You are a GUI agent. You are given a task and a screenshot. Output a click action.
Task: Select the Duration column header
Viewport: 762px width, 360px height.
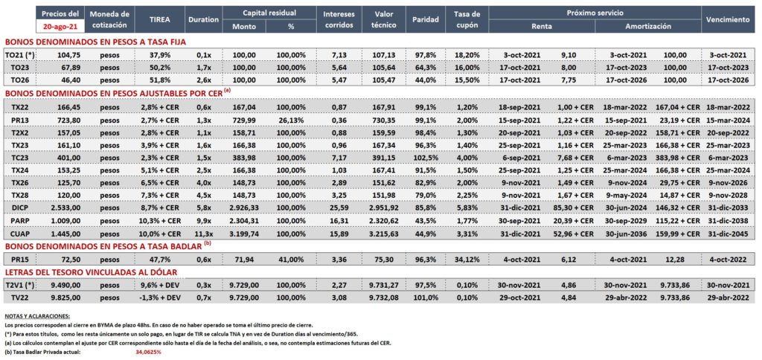click(x=202, y=20)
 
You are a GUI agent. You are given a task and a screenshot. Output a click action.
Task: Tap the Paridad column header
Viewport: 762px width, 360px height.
click(x=425, y=20)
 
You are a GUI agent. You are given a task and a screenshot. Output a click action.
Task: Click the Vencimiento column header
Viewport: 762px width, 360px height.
click(x=728, y=20)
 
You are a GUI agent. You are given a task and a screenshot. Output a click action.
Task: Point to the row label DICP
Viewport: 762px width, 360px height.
click(x=19, y=207)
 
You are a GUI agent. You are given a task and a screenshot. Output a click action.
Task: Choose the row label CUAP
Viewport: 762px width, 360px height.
click(x=19, y=234)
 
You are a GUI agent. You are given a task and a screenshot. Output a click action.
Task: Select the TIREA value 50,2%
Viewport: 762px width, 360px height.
click(x=159, y=67)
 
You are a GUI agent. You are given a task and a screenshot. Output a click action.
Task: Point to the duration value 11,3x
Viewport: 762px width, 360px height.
click(x=202, y=234)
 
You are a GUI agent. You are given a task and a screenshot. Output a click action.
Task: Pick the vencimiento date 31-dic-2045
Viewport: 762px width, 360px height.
click(x=728, y=234)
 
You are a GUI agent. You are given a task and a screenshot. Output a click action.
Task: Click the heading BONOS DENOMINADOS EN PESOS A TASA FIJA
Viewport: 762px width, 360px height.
click(x=95, y=42)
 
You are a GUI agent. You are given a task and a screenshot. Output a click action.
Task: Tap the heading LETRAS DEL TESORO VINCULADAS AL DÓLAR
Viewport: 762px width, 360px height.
click(x=90, y=272)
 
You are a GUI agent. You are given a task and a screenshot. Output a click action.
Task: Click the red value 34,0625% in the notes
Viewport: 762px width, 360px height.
click(x=148, y=353)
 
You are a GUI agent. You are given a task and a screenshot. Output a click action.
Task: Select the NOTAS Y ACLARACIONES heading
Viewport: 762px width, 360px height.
click(x=37, y=316)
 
